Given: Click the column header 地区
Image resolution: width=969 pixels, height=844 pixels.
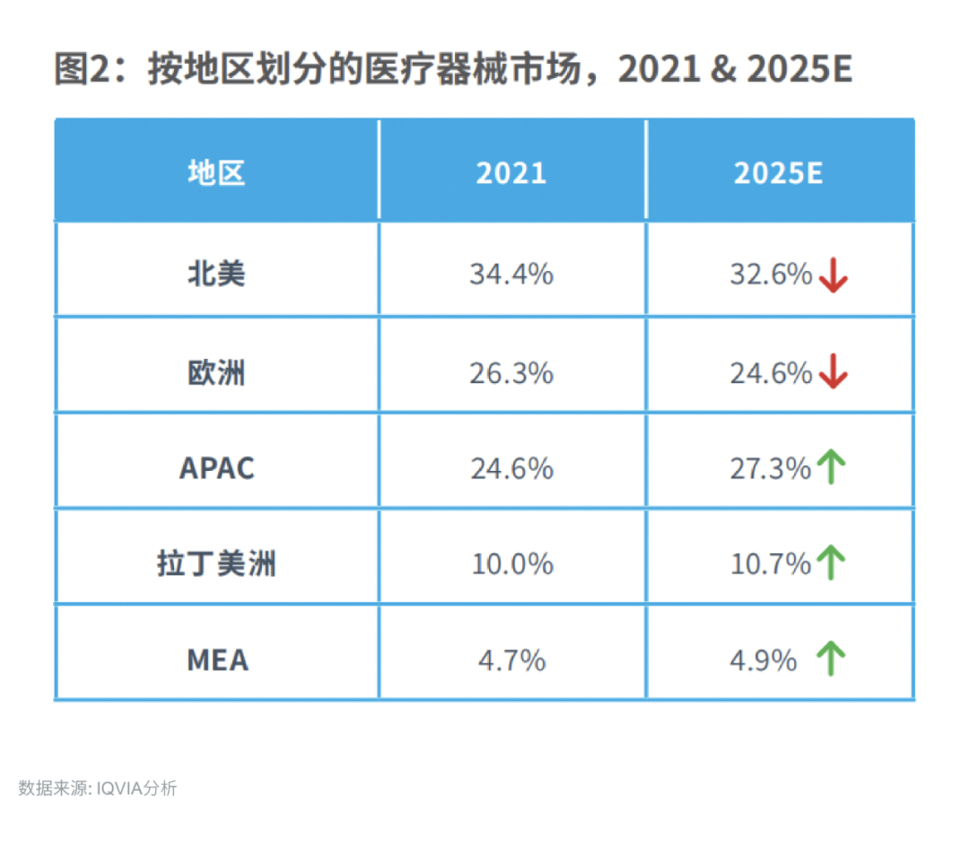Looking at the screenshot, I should point(216,172).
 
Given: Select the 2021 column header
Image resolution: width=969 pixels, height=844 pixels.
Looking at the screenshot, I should point(511,172).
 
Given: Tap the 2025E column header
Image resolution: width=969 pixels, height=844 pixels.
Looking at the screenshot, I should point(779,172).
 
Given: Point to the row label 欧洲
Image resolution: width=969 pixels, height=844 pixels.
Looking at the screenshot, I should point(216,372).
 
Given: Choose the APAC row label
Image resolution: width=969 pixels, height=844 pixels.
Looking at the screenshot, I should point(217,467).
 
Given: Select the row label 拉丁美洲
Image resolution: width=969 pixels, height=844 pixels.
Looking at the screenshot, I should point(216,564).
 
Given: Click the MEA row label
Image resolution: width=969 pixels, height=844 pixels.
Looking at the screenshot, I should point(217,660).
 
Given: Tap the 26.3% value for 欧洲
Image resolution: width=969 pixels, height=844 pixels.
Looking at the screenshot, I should point(511,372).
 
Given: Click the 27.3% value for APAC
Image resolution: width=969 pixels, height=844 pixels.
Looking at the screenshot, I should point(770,467).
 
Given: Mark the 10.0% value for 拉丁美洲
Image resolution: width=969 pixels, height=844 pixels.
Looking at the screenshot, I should point(511,564).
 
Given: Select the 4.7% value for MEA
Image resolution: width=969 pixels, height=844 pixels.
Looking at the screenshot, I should point(511,660).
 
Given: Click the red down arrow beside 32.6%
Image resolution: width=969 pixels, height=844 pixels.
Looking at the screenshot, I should point(834,275).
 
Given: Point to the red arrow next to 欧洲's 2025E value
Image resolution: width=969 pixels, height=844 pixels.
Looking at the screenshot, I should point(834,372).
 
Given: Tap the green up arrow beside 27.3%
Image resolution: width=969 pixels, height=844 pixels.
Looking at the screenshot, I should point(832,467).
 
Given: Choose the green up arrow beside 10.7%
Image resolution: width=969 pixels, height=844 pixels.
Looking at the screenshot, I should point(832,563).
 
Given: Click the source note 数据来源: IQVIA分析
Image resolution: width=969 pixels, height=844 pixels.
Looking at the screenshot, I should point(98,788).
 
